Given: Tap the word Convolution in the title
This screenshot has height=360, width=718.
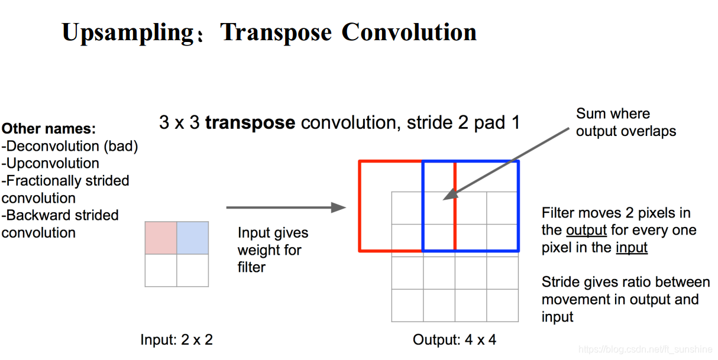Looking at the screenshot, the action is click(409, 33).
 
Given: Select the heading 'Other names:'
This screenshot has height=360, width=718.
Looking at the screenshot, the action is click(49, 129).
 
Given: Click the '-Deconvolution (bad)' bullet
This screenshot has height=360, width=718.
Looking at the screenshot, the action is click(70, 146).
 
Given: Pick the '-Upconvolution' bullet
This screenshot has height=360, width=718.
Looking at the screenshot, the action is click(50, 163).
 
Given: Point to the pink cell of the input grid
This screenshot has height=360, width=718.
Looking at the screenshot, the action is click(161, 238).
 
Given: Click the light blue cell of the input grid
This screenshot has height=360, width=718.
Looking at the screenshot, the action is click(193, 238).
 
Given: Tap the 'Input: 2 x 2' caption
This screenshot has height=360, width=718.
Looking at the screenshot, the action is click(176, 340).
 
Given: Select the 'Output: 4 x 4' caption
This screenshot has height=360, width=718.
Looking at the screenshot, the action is click(455, 340).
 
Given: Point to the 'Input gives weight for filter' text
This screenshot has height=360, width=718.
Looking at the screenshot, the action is click(273, 250).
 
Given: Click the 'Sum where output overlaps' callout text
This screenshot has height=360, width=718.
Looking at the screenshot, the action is click(626, 122).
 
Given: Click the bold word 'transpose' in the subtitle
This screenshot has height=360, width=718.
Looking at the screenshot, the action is click(250, 123).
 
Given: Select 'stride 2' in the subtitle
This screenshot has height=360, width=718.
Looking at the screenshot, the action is click(437, 123).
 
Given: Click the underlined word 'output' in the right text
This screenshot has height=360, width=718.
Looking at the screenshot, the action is click(586, 230).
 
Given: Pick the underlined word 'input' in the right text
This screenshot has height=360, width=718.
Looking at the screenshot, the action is click(631, 247).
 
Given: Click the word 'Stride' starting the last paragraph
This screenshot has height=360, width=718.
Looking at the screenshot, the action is click(559, 283).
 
